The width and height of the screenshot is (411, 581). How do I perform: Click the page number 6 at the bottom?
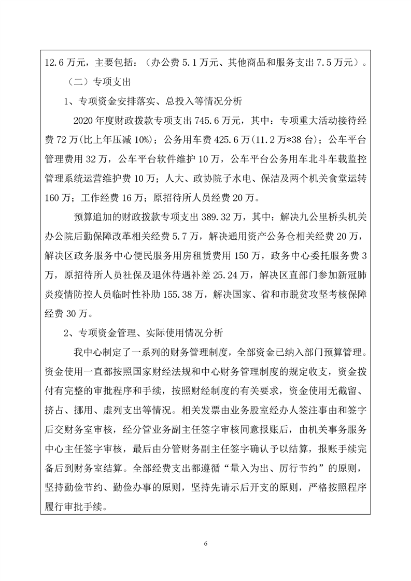tap(206, 544)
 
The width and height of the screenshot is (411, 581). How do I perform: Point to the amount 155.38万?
tap(189, 295)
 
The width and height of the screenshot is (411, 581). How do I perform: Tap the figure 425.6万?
tap(226, 140)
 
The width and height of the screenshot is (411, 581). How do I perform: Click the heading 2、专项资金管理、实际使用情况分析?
tap(146, 333)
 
